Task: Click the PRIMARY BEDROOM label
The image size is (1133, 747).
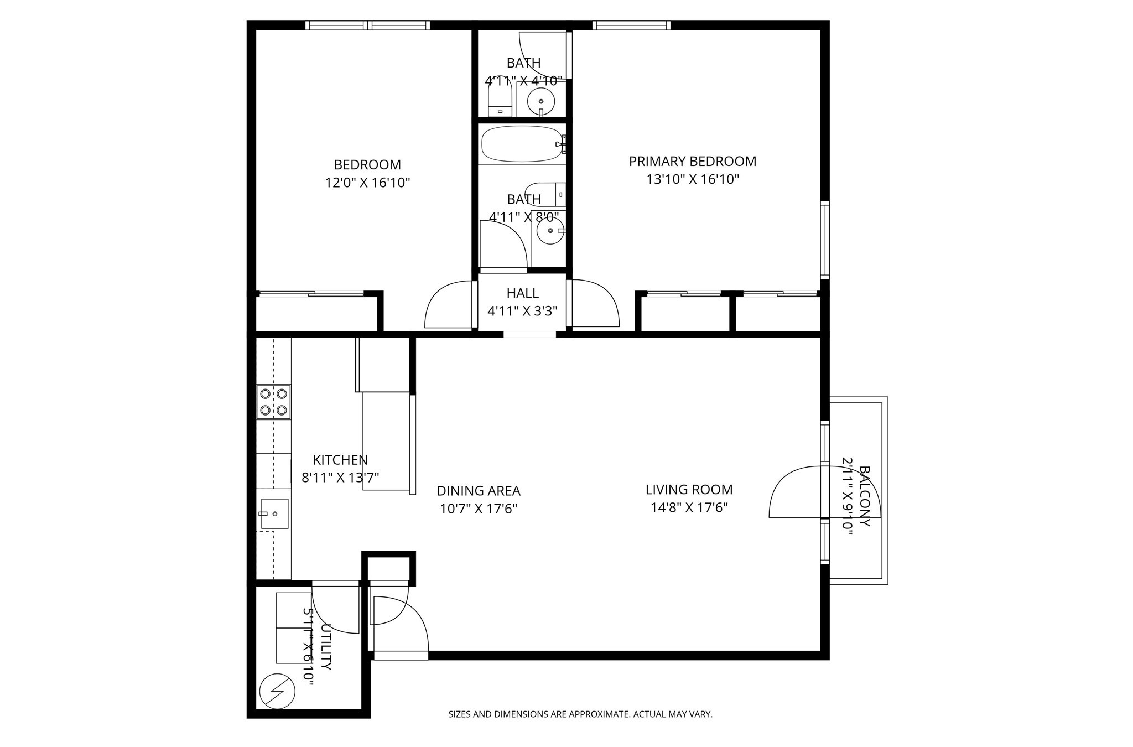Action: pos(692,162)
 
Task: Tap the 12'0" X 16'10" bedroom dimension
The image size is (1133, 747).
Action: pos(367,183)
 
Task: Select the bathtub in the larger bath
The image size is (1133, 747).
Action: pos(522,144)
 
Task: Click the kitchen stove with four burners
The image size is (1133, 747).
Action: pos(273,402)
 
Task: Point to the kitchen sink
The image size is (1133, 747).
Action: pos(274,513)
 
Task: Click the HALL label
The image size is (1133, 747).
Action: pos(522,293)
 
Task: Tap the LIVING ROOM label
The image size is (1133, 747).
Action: pos(689,490)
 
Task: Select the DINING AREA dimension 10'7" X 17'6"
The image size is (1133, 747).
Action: pos(478,509)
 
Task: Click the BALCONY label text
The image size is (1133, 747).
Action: pos(864,496)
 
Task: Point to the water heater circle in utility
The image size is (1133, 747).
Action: pos(277,691)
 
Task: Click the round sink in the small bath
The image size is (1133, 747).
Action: pos(540,101)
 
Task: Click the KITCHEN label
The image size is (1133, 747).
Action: pos(340,460)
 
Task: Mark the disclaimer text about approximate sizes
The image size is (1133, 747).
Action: pos(580,714)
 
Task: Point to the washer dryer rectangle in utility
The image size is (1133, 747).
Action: pos(293,628)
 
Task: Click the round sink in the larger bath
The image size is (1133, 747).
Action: pos(549,231)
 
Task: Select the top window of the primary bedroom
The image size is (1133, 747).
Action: pos(631,25)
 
